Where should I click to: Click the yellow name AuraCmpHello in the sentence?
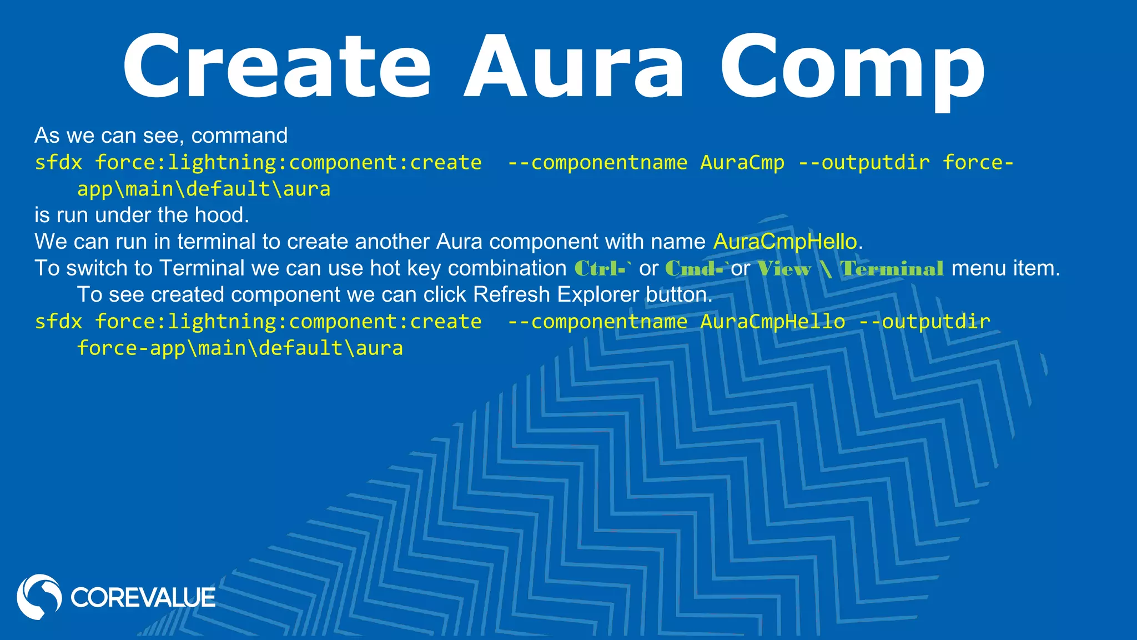point(785,242)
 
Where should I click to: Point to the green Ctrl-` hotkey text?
point(603,269)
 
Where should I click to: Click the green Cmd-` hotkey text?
point(696,269)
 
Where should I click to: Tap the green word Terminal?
point(892,269)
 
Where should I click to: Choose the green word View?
point(784,269)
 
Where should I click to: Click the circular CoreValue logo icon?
point(39,597)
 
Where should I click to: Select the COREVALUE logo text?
point(143,598)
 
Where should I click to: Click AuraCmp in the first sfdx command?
point(742,162)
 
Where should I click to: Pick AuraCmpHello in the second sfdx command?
point(772,322)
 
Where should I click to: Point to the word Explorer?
point(598,294)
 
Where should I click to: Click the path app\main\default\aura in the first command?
point(204,189)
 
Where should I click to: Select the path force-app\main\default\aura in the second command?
point(240,348)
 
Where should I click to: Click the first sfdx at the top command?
point(58,162)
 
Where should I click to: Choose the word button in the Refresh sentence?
point(678,294)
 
